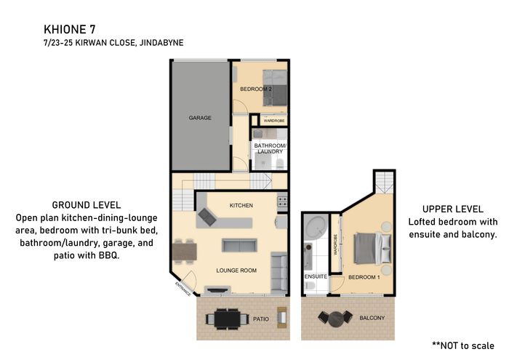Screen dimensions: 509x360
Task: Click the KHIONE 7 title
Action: pyautogui.click(x=70, y=30)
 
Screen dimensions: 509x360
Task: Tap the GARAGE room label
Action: pyautogui.click(x=200, y=118)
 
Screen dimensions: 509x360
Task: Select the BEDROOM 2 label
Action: pyautogui.click(x=256, y=89)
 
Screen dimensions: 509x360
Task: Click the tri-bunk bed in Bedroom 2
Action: pyautogui.click(x=275, y=88)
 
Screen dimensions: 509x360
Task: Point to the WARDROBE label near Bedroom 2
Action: pyautogui.click(x=274, y=121)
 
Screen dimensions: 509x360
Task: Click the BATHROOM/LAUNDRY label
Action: pyautogui.click(x=270, y=148)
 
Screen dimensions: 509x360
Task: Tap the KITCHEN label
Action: pyautogui.click(x=241, y=206)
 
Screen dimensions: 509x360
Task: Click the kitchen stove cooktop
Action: pyautogui.click(x=282, y=201)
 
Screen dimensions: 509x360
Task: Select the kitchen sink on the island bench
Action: pyautogui.click(x=207, y=217)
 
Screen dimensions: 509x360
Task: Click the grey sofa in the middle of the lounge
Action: pyautogui.click(x=239, y=245)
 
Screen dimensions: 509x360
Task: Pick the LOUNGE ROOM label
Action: pyautogui.click(x=236, y=271)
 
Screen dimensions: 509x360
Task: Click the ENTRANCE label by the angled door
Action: pyautogui.click(x=183, y=289)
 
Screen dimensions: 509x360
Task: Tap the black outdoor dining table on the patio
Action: pyautogui.click(x=227, y=319)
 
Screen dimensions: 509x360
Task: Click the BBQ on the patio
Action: pyautogui.click(x=282, y=318)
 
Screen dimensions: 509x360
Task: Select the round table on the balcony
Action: pyautogui.click(x=336, y=319)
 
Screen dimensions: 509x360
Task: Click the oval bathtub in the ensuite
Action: pyautogui.click(x=316, y=227)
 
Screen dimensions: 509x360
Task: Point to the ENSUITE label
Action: pyautogui.click(x=316, y=276)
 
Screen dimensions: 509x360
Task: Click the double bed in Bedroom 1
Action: pyautogui.click(x=372, y=248)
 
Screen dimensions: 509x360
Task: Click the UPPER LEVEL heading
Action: pyautogui.click(x=453, y=209)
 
